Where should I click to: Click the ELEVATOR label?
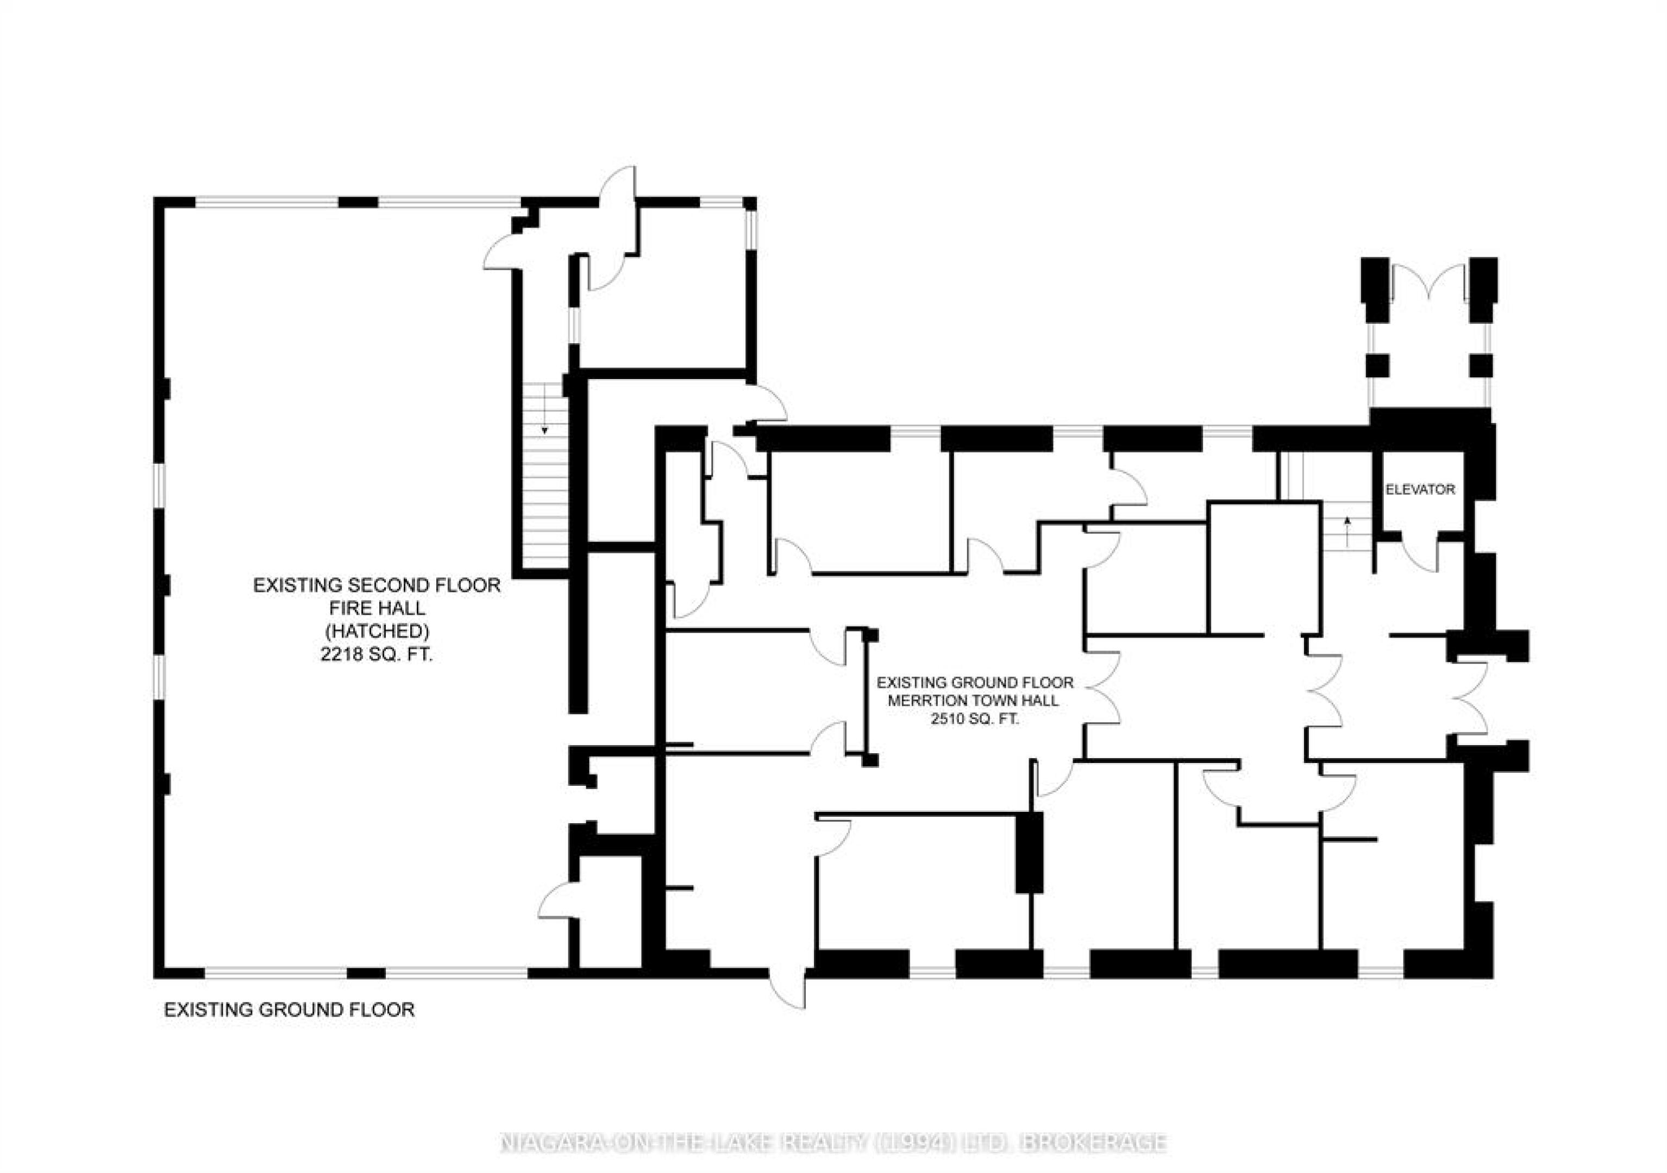click(1420, 490)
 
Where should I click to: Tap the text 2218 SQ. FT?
click(376, 655)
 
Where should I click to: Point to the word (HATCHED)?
click(377, 632)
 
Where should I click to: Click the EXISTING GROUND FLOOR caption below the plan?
click(289, 1010)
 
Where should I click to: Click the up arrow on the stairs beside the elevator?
click(1348, 531)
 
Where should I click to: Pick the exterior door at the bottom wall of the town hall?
click(788, 986)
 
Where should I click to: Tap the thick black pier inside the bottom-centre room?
click(1029, 852)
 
